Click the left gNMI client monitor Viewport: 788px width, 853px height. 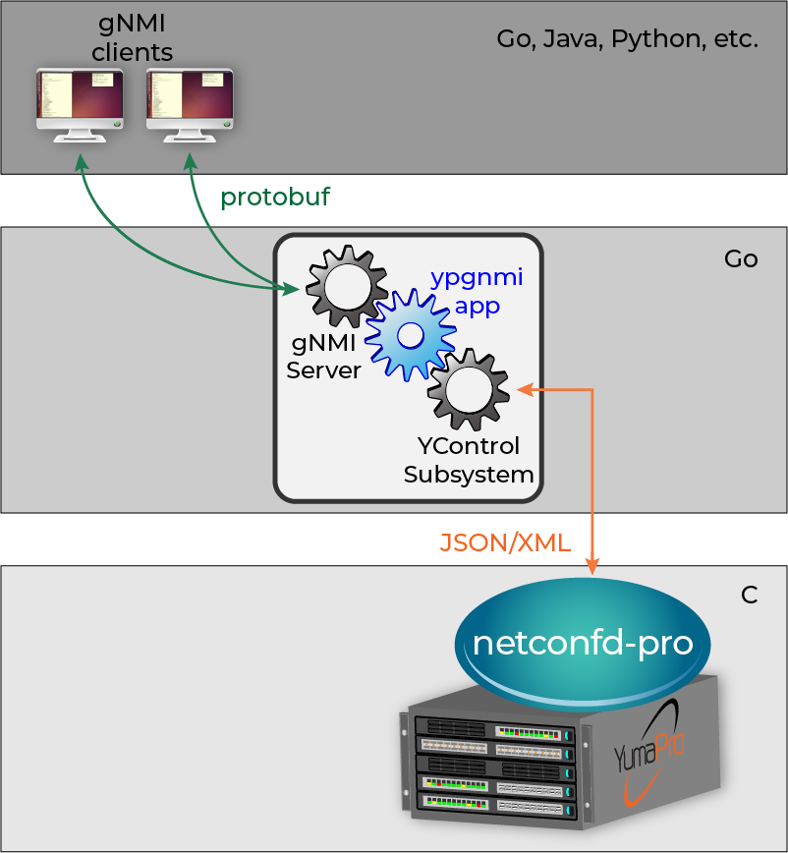point(80,101)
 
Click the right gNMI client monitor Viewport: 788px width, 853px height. point(190,101)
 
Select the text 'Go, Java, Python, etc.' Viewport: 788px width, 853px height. point(628,40)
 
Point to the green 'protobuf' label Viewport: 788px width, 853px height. point(275,197)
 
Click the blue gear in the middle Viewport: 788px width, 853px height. point(411,334)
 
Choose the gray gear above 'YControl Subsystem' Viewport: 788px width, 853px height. point(468,391)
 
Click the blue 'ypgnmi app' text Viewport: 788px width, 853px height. point(477,291)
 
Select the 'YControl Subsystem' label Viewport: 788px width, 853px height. point(469,460)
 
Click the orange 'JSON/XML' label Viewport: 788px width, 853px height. point(505,542)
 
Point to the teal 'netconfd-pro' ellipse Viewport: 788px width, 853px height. point(584,643)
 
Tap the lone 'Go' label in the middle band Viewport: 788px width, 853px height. point(741,257)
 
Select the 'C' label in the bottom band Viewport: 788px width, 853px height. point(749,596)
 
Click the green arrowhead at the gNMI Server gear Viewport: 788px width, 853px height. point(292,289)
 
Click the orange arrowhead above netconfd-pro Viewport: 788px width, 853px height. point(593,567)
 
